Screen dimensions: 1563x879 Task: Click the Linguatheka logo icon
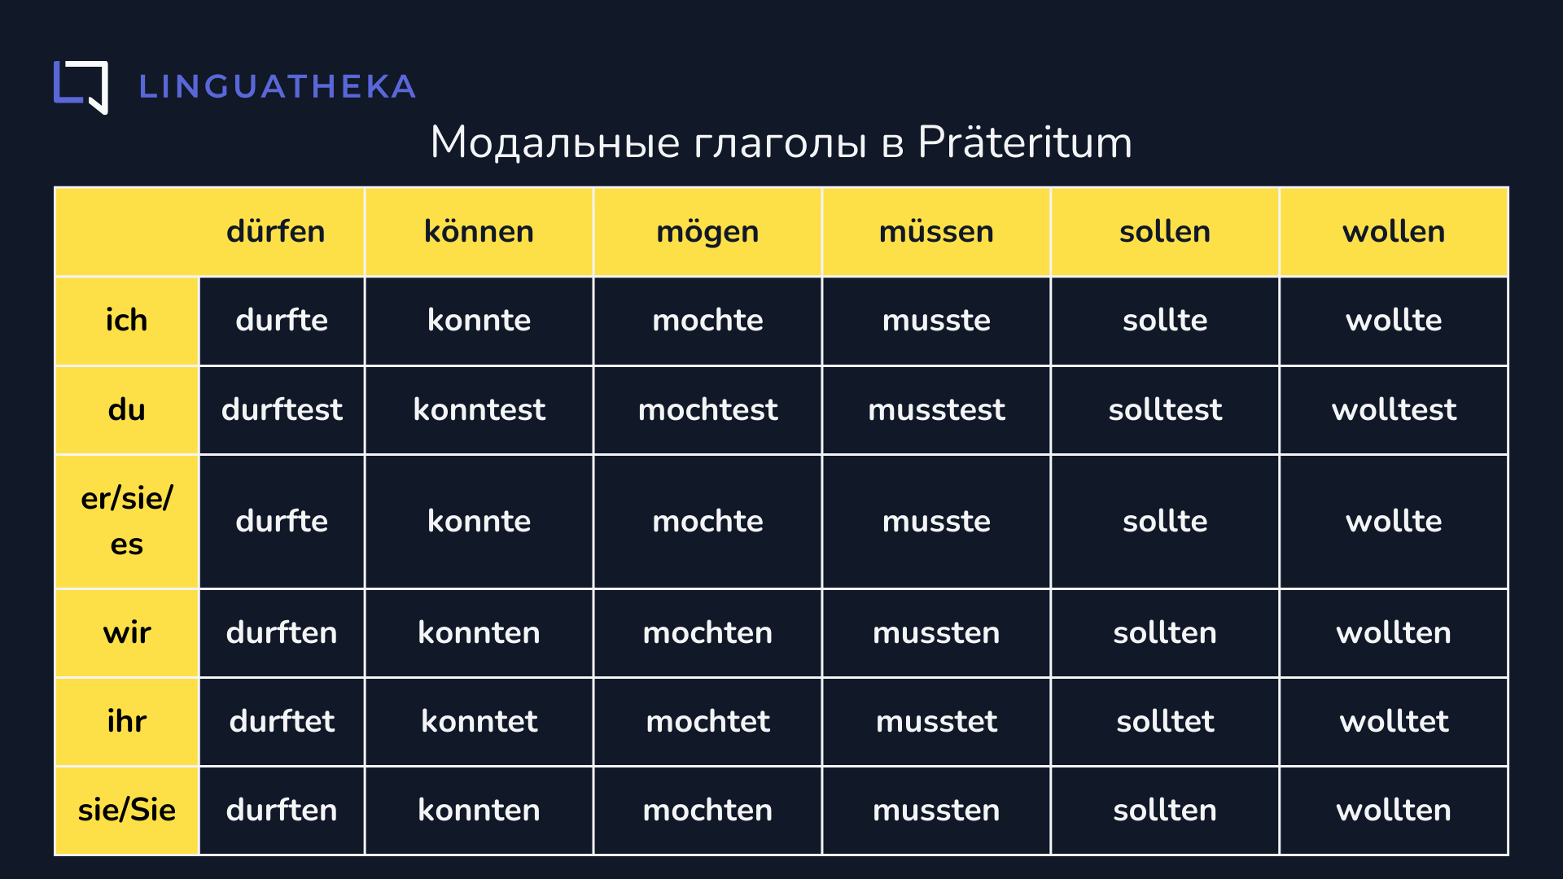coord(81,87)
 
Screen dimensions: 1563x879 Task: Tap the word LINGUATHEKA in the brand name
coord(278,87)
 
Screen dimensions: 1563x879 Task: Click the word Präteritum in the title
coord(1025,142)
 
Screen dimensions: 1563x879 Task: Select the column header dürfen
coord(275,232)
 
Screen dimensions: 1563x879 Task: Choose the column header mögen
coord(707,233)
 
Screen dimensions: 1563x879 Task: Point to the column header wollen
coord(1394,232)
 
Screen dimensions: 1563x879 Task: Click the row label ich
coord(126,321)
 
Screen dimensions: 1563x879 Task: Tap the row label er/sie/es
coord(126,521)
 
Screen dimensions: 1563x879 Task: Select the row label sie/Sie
coord(126,811)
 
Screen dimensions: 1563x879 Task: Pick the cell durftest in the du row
coord(282,409)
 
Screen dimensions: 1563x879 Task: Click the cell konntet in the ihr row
coord(479,721)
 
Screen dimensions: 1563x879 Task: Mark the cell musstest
coord(936,409)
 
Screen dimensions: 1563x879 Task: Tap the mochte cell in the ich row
coord(707,321)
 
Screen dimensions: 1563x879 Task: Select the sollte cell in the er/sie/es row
coord(1165,521)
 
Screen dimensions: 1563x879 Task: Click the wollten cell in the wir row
coord(1394,633)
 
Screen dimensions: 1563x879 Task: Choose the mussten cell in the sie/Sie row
coord(936,811)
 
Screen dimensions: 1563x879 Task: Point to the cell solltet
coord(1165,721)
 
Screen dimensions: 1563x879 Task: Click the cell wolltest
coord(1394,409)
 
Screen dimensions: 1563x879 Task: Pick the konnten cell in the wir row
coord(479,633)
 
